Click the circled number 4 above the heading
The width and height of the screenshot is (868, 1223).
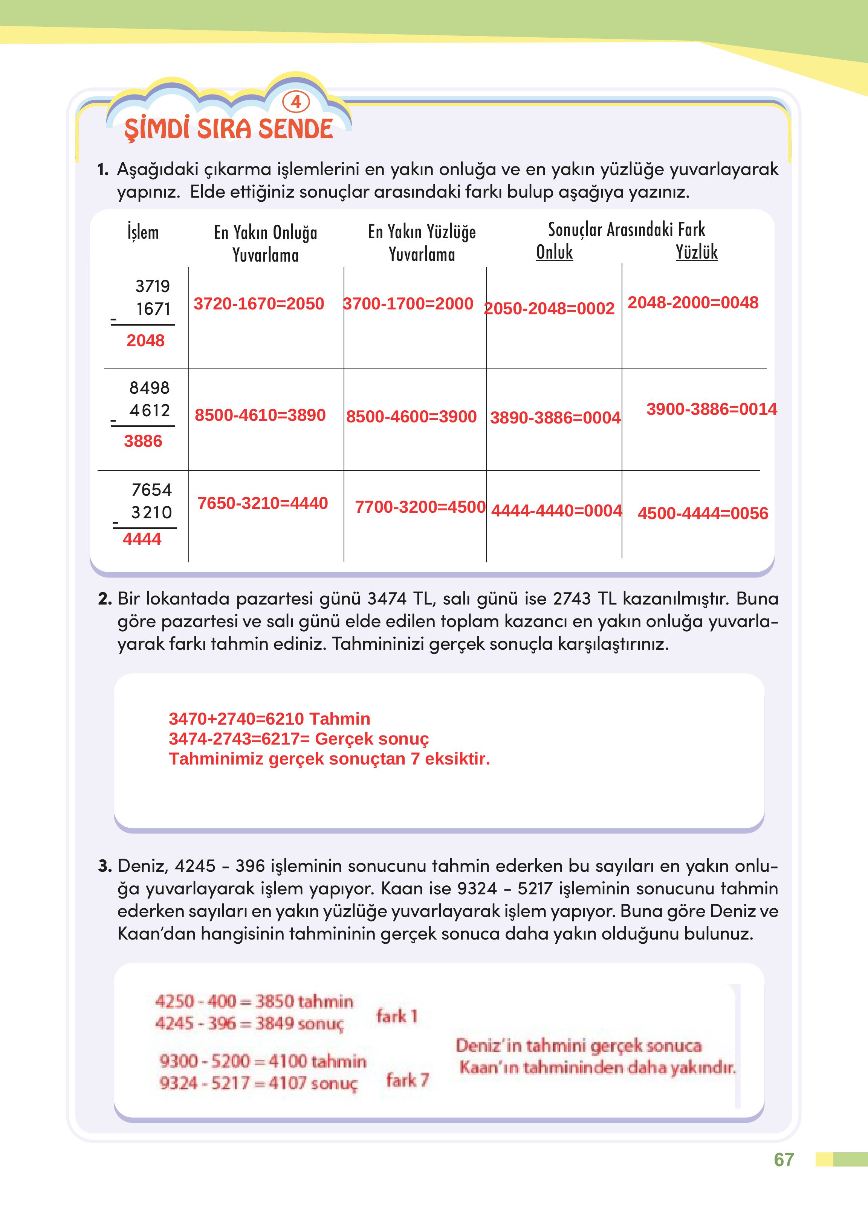pos(296,102)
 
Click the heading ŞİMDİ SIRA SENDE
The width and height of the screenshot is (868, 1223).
pos(229,129)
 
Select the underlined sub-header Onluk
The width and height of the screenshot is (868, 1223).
pos(554,252)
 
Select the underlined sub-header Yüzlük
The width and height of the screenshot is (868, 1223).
pos(697,252)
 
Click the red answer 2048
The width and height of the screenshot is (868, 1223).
pos(145,341)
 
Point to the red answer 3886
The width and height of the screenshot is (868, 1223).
pos(143,441)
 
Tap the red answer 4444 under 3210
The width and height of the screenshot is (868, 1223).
pos(142,539)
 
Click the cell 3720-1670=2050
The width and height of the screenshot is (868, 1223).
pos(259,304)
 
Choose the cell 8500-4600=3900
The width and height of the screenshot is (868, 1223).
pos(411,417)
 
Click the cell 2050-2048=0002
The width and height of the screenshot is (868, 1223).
pos(549,309)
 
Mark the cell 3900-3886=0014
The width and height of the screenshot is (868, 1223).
pos(711,409)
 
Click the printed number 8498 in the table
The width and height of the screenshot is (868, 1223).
pos(149,388)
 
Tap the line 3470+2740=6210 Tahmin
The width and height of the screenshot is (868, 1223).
pos(269,719)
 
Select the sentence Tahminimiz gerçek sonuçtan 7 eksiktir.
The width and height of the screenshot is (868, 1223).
pos(329,759)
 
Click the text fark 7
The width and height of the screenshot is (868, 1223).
pos(408,1080)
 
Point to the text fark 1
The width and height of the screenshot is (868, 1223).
pos(397,1016)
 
